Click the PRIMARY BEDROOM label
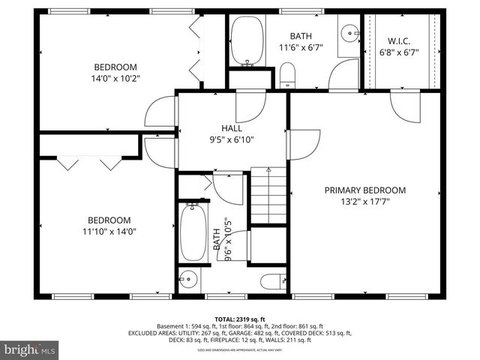click(364, 190)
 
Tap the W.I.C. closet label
click(398, 40)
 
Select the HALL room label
click(232, 128)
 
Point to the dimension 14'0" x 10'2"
click(115, 76)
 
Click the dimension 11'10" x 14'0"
click(109, 232)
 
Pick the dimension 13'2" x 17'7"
click(364, 201)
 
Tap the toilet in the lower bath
click(271, 281)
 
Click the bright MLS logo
click(30, 349)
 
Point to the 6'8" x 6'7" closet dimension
click(398, 52)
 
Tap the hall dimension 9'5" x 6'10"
click(232, 139)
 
